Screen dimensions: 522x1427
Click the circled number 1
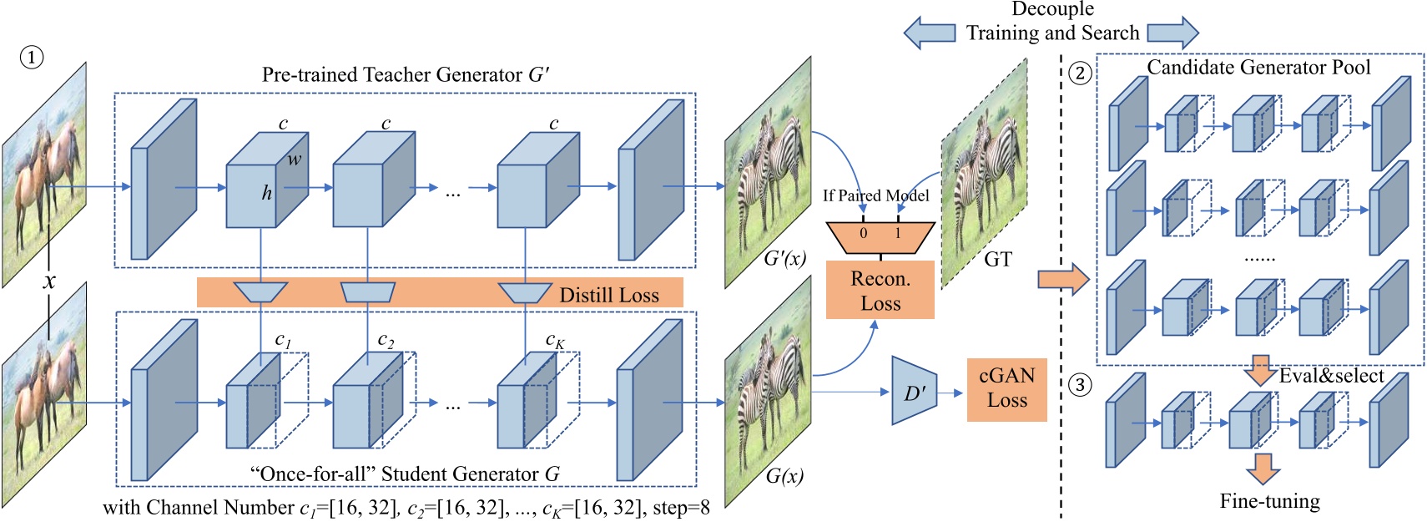coord(31,58)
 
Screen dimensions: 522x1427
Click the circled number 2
coord(1080,73)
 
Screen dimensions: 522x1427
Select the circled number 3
coord(1080,385)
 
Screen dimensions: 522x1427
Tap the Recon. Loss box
coord(880,291)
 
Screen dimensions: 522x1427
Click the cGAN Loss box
coord(1006,388)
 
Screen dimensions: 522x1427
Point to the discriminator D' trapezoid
coord(914,391)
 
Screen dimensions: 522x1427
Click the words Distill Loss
coord(608,295)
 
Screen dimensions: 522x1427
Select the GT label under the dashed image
coord(997,260)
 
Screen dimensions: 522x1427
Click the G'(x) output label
coord(784,258)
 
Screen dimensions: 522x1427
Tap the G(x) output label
coord(784,477)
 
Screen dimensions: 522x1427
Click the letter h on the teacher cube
coord(266,194)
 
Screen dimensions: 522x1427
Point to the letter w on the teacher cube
coord(295,159)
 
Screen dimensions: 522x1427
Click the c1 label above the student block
coord(283,340)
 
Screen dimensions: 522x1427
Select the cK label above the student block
coord(555,340)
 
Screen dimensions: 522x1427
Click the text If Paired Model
coord(875,195)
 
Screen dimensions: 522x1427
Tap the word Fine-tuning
coord(1269,501)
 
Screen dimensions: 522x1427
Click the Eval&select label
coord(1331,376)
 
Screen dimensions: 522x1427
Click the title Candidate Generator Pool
coord(1258,68)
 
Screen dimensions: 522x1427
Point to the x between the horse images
coord(49,281)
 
